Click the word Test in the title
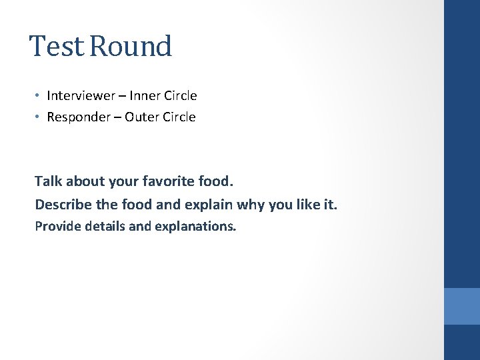pyautogui.click(x=56, y=47)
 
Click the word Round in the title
pyautogui.click(x=131, y=47)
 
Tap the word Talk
pyautogui.click(x=47, y=181)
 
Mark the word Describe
pyautogui.click(x=61, y=203)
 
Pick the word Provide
pyautogui.click(x=55, y=226)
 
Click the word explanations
pyautogui.click(x=195, y=227)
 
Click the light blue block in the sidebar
pyautogui.click(x=461, y=306)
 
